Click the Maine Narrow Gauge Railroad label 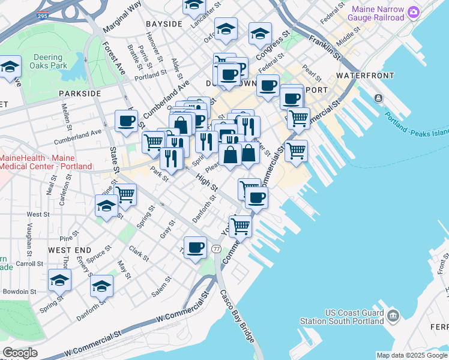(378, 13)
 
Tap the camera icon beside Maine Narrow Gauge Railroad (413, 11)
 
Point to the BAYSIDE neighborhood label (163, 23)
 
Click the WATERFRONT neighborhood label (365, 76)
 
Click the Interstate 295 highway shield (42, 5)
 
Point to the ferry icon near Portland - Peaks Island (379, 98)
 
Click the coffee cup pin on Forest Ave (126, 121)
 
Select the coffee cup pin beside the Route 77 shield (194, 247)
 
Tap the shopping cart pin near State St (125, 194)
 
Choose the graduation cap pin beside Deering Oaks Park (10, 68)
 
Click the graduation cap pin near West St (107, 206)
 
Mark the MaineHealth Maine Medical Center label (46, 162)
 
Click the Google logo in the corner (19, 353)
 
